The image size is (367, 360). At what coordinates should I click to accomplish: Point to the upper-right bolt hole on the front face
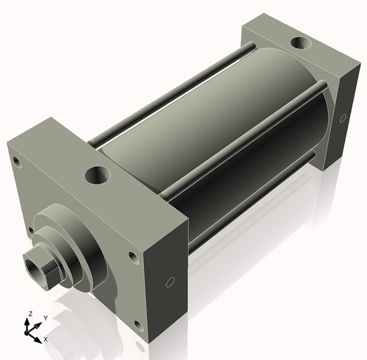point(132,256)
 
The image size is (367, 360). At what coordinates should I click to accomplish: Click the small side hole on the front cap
point(170,281)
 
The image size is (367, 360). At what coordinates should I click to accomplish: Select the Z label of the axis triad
point(29,314)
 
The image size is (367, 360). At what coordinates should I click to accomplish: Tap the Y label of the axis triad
point(45,317)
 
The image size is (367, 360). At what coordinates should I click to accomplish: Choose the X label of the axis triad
point(45,339)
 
